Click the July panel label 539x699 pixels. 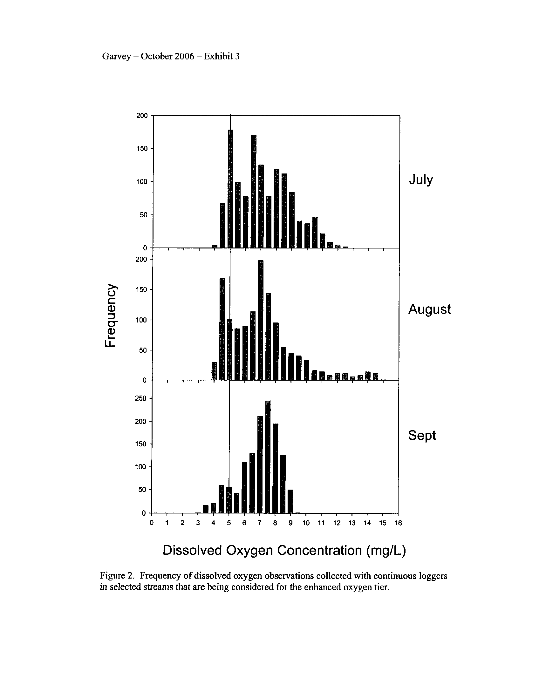point(420,180)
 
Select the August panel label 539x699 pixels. point(429,309)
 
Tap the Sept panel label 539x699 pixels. point(421,435)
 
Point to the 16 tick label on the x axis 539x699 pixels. point(398,523)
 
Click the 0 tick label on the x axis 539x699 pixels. point(152,523)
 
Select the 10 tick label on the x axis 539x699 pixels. point(306,523)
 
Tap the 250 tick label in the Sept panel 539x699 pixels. point(140,398)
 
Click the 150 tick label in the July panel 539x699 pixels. point(142,148)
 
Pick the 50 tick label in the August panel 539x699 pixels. point(142,350)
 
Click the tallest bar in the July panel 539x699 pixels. point(230,189)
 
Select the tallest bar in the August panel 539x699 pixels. point(261,320)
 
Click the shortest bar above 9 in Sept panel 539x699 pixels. point(290,501)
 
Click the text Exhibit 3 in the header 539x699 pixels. point(222,56)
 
